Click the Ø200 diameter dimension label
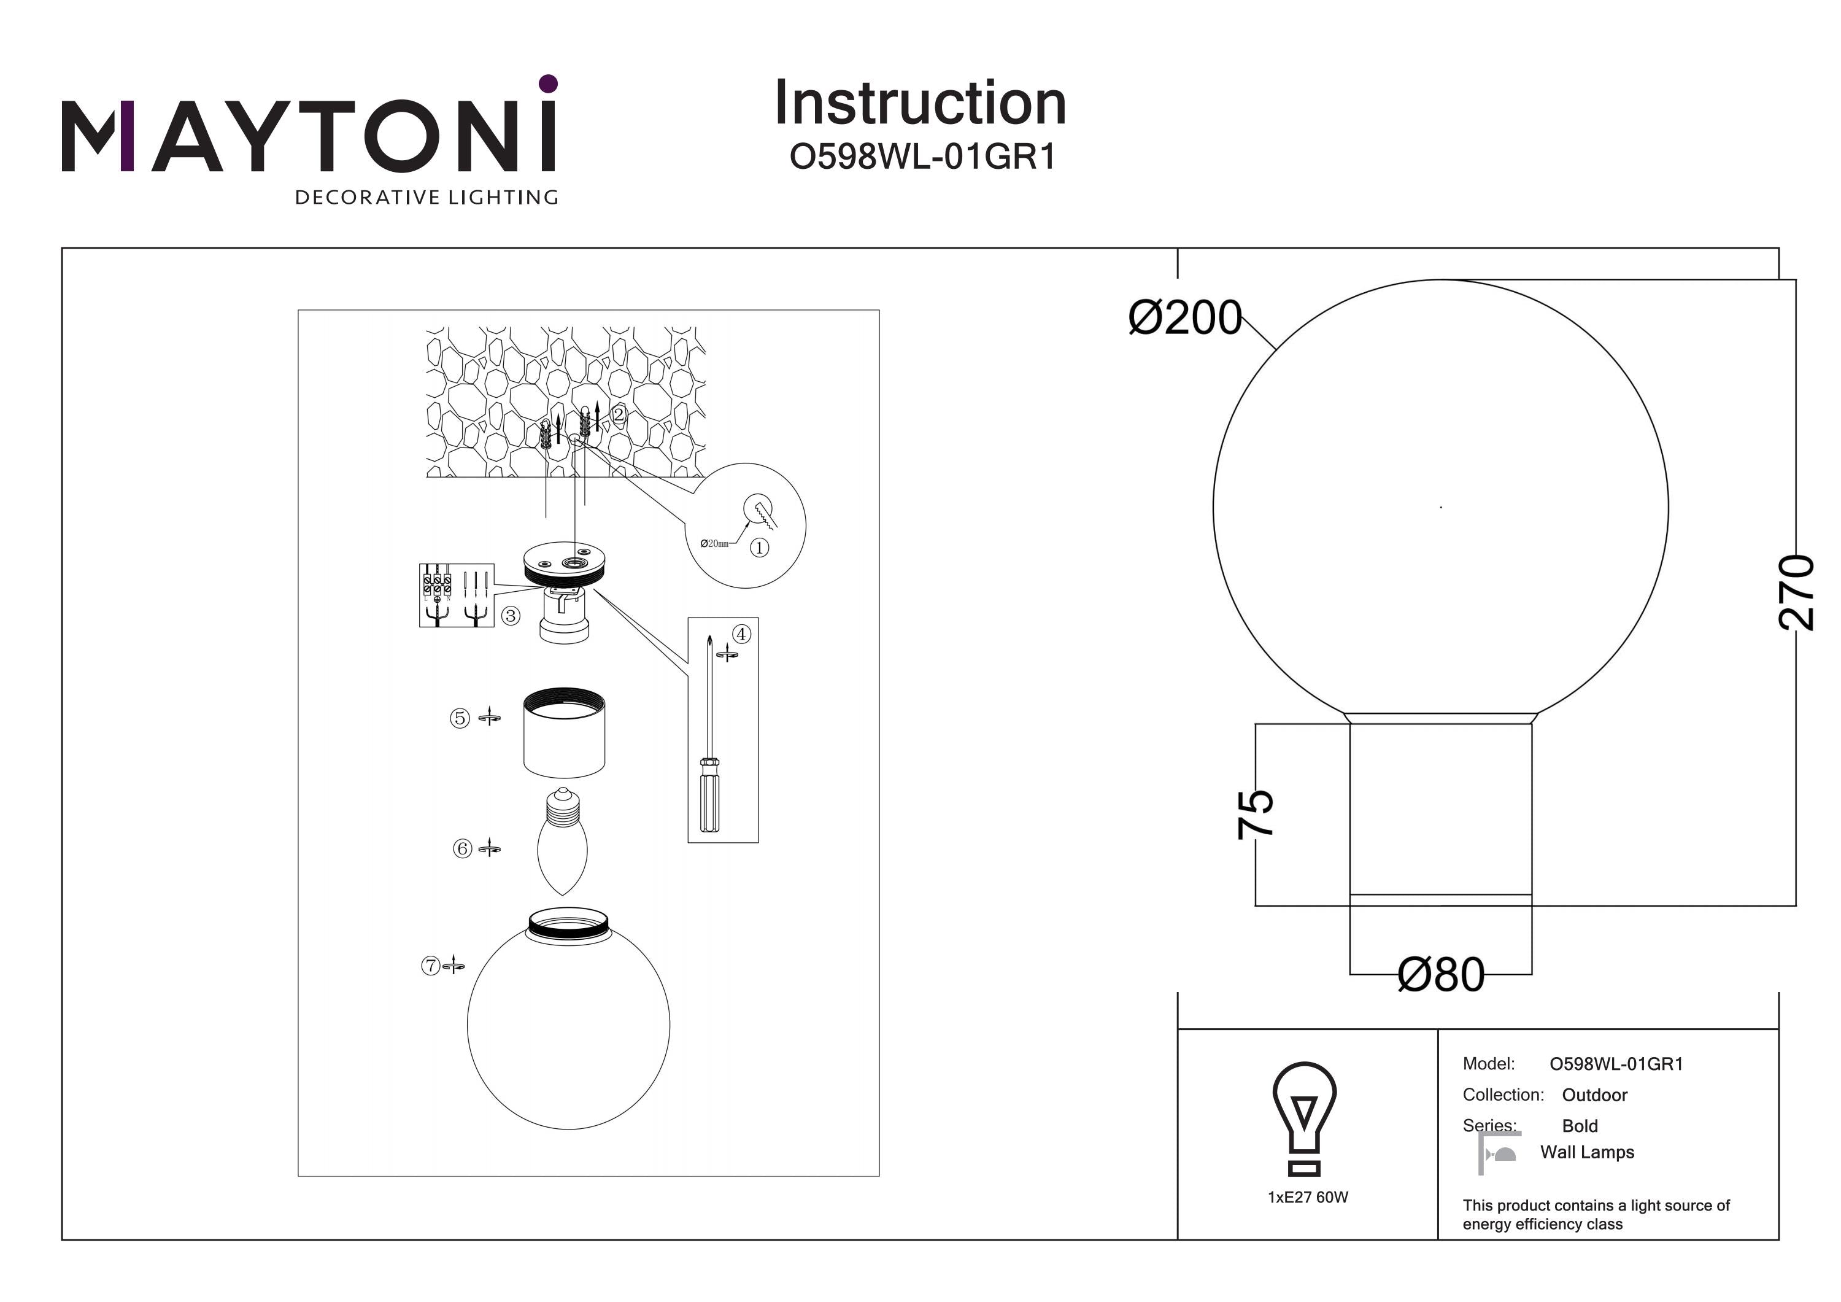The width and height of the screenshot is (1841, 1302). click(1184, 318)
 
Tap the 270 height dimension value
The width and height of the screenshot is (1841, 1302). click(1796, 591)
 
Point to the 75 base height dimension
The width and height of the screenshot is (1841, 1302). click(1256, 814)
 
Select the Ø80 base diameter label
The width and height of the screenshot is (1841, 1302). click(1441, 975)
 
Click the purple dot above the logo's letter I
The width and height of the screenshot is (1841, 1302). click(549, 83)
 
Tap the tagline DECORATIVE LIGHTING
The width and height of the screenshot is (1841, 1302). click(426, 197)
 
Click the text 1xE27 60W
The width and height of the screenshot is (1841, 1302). click(1308, 1197)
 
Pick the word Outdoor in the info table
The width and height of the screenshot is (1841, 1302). click(1594, 1095)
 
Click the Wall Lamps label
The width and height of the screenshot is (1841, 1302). click(1587, 1152)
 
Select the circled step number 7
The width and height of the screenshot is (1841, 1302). click(431, 965)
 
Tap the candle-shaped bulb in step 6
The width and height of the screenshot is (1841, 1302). click(562, 842)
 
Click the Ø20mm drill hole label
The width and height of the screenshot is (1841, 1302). click(714, 544)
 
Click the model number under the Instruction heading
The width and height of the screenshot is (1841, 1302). click(922, 157)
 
